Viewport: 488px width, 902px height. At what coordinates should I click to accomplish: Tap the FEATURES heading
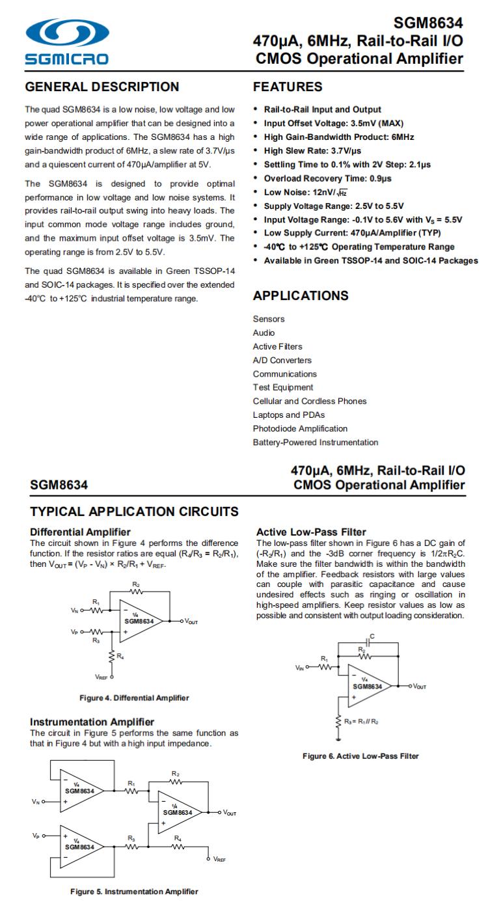click(287, 87)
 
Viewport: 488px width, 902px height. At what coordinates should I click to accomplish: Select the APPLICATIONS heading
click(300, 296)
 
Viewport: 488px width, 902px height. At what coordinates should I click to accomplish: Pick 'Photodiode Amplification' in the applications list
click(300, 429)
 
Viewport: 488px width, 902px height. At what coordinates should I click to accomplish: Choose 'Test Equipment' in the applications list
click(282, 388)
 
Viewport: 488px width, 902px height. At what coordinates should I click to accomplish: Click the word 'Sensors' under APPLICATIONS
click(268, 319)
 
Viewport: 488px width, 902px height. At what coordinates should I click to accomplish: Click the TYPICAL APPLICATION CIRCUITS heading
click(134, 512)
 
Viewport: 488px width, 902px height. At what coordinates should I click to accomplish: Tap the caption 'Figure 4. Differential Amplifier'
click(134, 698)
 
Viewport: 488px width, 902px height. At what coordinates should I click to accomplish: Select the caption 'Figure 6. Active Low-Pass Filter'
click(360, 756)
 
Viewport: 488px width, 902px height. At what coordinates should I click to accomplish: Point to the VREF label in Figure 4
click(102, 677)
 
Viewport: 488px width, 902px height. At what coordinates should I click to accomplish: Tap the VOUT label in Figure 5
click(230, 812)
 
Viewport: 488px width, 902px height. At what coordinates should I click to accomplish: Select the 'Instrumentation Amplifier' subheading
click(92, 722)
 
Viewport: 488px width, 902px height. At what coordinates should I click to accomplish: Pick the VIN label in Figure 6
click(300, 668)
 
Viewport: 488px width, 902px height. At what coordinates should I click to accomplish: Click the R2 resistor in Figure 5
click(176, 780)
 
